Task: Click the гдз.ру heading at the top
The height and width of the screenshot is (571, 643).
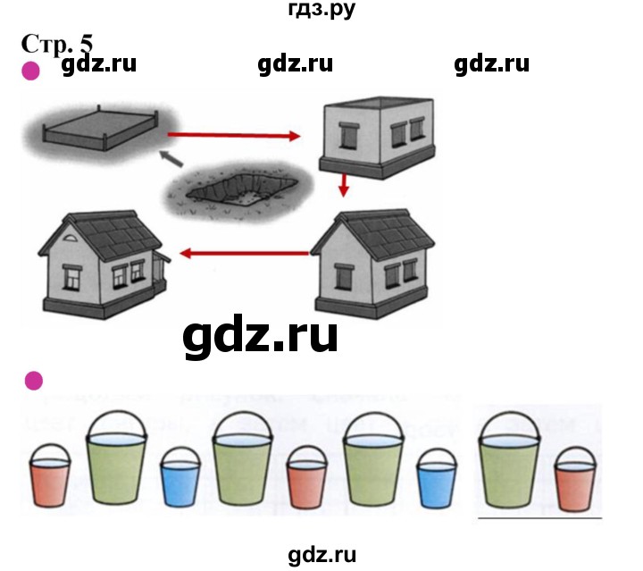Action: pyautogui.click(x=321, y=11)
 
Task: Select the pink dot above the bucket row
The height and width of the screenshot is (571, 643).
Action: pyautogui.click(x=33, y=382)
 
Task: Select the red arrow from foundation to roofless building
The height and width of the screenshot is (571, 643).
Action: pyautogui.click(x=234, y=136)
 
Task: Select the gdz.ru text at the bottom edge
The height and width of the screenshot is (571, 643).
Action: pyautogui.click(x=322, y=555)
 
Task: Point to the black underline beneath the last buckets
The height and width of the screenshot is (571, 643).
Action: pyautogui.click(x=539, y=516)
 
